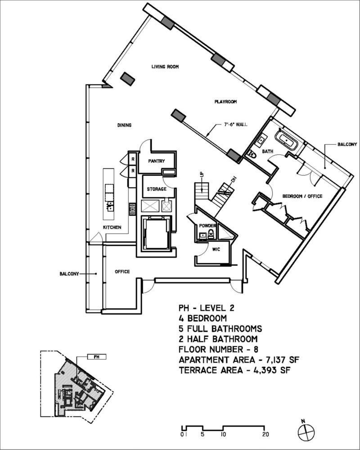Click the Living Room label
165,67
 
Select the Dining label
124,125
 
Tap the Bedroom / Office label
302,196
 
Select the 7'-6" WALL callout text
236,125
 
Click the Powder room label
209,226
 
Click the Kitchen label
112,228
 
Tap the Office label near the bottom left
122,272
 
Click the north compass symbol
305,428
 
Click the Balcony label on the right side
347,145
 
